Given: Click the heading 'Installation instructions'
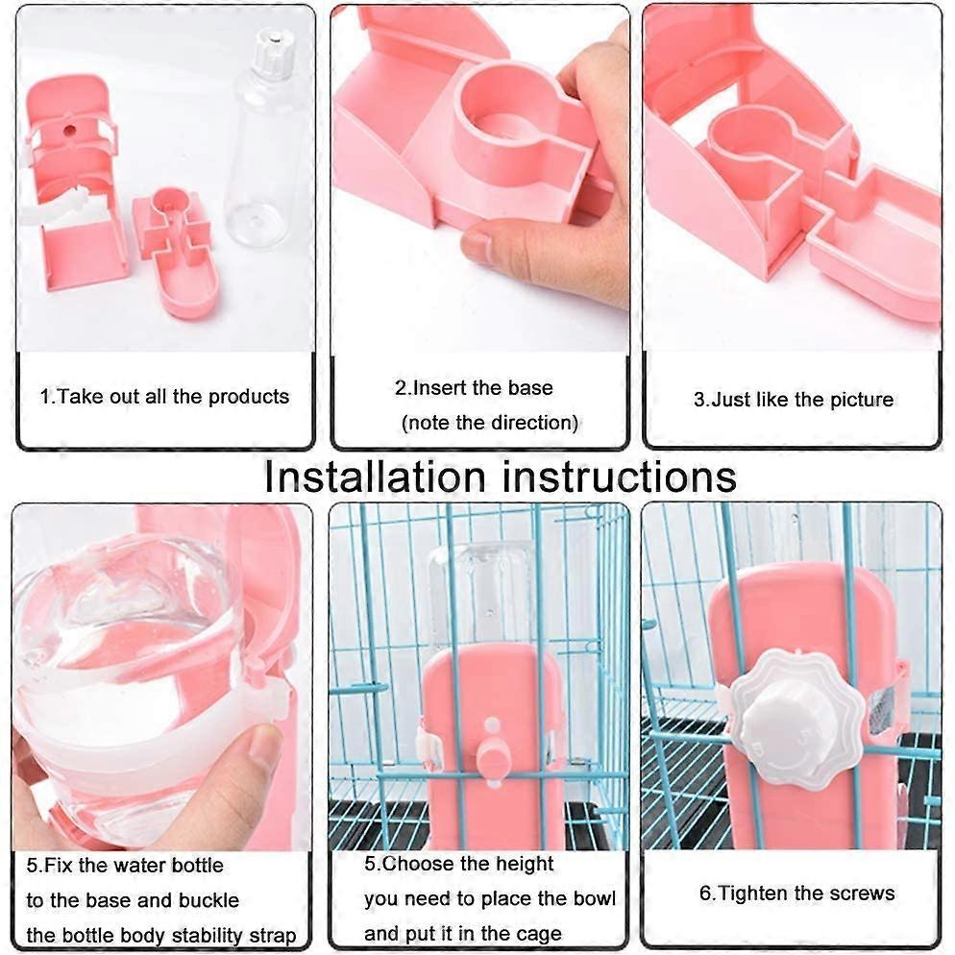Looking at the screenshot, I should [501, 476].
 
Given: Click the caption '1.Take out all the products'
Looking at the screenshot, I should [164, 397].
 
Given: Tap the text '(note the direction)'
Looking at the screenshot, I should [489, 422].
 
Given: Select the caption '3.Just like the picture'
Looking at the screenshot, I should [794, 400].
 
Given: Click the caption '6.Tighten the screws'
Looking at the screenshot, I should [796, 893].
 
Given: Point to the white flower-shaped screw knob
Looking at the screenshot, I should [788, 718].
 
